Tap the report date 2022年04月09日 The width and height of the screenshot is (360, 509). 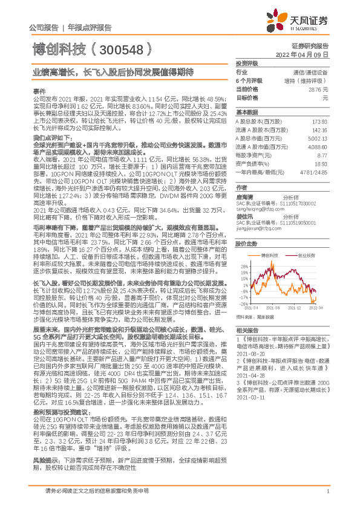309,53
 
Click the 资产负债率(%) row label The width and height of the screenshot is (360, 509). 252,163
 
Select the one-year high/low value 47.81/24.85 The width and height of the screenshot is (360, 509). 318,171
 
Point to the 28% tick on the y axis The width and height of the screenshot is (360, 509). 243,265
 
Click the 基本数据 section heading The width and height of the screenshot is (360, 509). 246,112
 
